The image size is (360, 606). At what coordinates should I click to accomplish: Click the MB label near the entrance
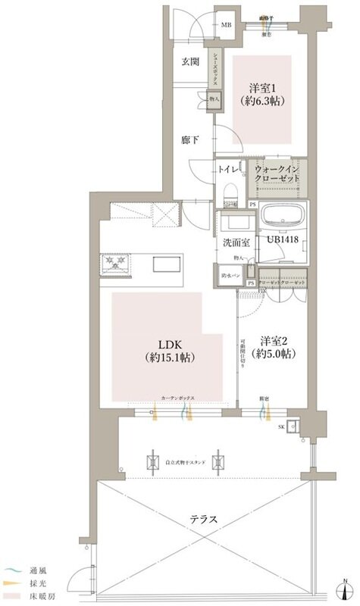click(x=226, y=25)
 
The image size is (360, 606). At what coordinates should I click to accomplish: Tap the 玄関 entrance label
click(x=191, y=62)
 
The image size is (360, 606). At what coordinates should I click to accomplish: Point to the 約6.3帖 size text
click(x=261, y=99)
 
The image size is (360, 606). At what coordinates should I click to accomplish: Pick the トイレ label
click(x=227, y=169)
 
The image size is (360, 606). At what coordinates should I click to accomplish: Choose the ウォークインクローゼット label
click(x=278, y=172)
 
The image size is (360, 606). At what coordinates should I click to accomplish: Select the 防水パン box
click(x=230, y=276)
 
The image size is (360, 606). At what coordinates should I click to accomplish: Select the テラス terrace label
click(x=204, y=520)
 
